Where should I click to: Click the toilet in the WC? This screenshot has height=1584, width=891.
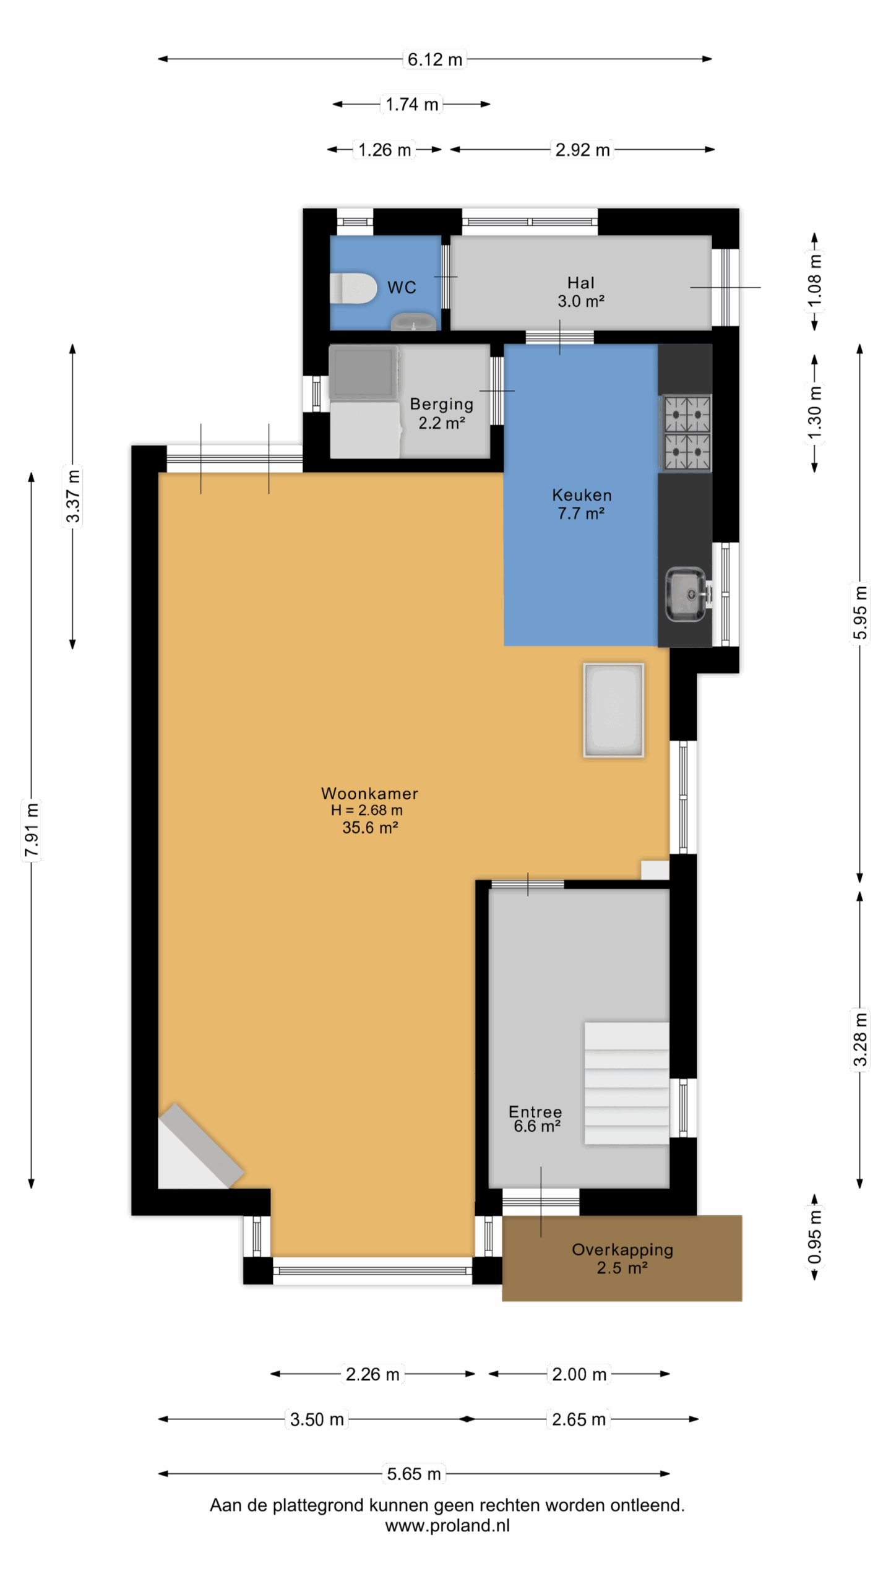353,288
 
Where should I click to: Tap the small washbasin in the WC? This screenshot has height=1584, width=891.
414,322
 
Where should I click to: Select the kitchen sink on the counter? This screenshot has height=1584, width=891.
686,595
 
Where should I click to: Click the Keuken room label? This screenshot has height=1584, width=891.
581,504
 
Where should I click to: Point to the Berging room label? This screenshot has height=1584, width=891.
441,413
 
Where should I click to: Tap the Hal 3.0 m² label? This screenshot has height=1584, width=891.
580,292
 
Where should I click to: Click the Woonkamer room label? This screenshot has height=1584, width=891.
369,793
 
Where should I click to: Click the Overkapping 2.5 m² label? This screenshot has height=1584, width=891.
622,1259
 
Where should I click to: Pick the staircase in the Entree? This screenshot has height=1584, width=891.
626,1083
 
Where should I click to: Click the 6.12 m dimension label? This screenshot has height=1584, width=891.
435,59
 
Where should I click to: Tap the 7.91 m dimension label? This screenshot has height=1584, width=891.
32,830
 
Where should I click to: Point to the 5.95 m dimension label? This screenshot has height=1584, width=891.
859,613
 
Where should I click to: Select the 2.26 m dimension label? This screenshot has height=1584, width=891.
372,1374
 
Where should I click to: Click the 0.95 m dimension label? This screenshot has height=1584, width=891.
815,1237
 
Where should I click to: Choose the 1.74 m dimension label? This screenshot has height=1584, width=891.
412,104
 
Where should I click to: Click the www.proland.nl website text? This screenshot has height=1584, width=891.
447,1525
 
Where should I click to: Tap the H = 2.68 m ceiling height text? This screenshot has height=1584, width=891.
366,810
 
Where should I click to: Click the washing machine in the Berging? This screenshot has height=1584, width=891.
364,373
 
